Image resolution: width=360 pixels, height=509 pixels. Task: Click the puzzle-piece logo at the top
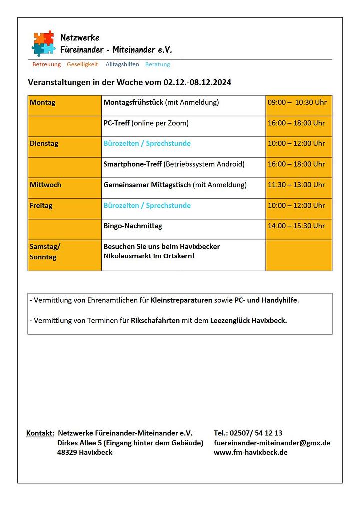tap(43, 43)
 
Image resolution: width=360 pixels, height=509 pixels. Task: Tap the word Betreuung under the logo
tap(46, 64)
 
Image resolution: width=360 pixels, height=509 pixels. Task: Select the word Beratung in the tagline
tap(157, 64)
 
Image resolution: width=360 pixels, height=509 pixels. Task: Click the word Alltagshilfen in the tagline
tap(122, 64)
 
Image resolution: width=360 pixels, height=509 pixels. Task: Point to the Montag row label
tap(43, 103)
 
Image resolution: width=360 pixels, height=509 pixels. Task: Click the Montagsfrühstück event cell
tap(161, 103)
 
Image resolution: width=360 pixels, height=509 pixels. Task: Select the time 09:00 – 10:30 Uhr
tap(297, 103)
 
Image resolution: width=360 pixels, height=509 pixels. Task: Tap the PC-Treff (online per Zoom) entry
tap(146, 123)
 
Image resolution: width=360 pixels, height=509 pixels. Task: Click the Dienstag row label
tap(44, 144)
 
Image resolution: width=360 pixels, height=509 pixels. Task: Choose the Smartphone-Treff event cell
tap(174, 164)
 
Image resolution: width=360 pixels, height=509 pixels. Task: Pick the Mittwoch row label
tap(45, 185)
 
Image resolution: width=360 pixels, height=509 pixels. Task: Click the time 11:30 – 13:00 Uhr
tap(296, 185)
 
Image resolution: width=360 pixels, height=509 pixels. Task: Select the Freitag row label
tap(41, 206)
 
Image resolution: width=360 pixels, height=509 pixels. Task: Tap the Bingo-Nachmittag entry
tap(133, 226)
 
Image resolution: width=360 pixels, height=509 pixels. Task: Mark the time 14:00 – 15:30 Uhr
tap(296, 226)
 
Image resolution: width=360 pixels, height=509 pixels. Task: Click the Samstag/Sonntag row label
tap(45, 252)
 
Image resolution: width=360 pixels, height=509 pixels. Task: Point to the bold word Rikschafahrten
tap(155, 321)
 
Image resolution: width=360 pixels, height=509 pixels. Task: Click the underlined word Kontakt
tap(40, 433)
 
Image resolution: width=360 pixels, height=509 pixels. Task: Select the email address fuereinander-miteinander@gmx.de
tap(272, 443)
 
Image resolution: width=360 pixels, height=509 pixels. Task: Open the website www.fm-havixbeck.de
tap(250, 452)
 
